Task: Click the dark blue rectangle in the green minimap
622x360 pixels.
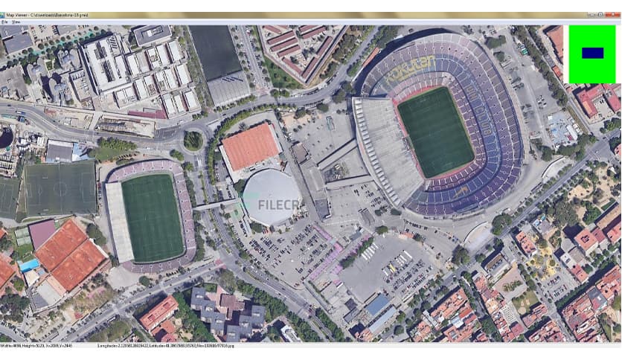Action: (x=592, y=53)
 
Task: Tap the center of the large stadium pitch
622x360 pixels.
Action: (x=436, y=132)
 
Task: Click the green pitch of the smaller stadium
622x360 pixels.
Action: (x=153, y=217)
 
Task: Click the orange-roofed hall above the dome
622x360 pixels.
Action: (x=251, y=146)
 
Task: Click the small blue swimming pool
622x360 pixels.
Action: (x=30, y=265)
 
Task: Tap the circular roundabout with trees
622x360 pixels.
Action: (x=193, y=140)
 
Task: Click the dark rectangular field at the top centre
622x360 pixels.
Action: (x=217, y=54)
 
